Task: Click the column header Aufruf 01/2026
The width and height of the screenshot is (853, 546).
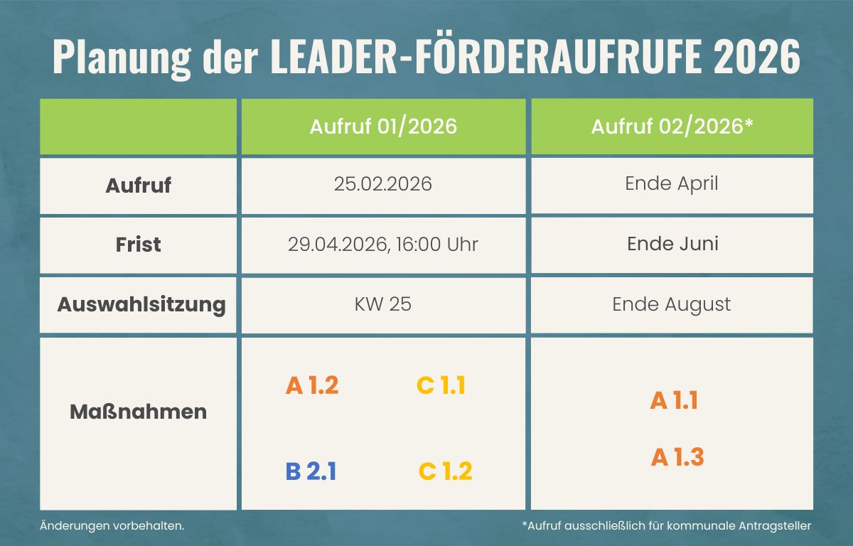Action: pos(383,127)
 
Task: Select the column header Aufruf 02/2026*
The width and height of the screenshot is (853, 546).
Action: pos(672,127)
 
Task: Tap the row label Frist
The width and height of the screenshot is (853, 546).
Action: pos(138,245)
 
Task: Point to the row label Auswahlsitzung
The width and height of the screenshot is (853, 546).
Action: pos(141,305)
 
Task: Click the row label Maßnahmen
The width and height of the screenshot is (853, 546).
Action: pos(138,412)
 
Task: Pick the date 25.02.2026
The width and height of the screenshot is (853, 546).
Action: pos(383,184)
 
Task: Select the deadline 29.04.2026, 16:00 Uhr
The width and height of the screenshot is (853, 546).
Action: pos(383,245)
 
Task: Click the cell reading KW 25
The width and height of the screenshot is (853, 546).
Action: pos(383,305)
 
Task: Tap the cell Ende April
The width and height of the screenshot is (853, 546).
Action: pos(672,183)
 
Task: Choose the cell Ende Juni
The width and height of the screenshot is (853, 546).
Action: pos(672,244)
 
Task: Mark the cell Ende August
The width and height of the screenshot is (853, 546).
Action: pos(672,305)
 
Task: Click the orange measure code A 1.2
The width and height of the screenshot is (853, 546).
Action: pos(312,385)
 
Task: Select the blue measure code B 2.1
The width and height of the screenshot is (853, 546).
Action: pos(311,471)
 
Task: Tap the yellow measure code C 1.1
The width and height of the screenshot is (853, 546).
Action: pos(441,385)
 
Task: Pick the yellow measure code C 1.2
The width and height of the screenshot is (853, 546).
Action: pos(445,471)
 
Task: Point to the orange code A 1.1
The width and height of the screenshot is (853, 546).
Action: pos(674,401)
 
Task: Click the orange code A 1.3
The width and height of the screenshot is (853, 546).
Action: pos(677,457)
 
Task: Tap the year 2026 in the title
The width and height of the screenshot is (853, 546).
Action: pos(757,58)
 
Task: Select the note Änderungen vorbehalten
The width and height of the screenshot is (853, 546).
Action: pos(112,526)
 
